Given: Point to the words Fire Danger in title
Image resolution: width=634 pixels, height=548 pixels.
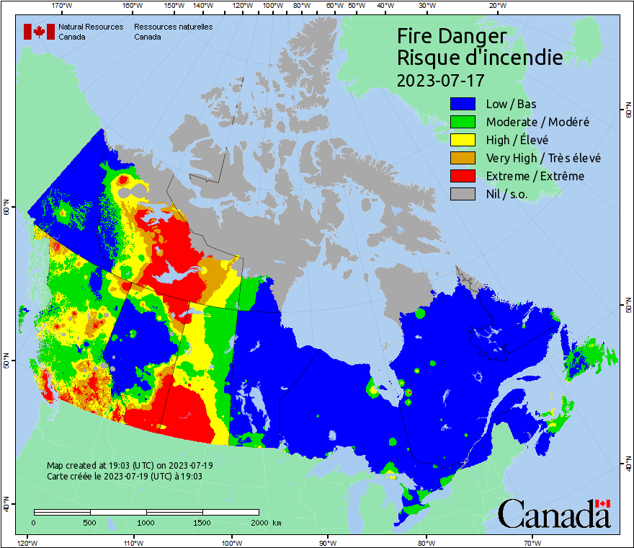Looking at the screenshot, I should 452,37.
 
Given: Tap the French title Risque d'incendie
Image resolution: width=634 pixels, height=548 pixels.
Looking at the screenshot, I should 479,58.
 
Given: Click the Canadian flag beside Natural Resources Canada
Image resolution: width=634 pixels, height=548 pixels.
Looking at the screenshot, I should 39,32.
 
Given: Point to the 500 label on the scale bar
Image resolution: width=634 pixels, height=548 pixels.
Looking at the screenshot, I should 91,523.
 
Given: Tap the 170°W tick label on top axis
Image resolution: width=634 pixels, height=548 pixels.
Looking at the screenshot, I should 63,6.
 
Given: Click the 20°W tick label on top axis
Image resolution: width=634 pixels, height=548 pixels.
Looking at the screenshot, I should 496,6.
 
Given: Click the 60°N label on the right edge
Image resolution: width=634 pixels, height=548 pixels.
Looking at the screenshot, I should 628,112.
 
